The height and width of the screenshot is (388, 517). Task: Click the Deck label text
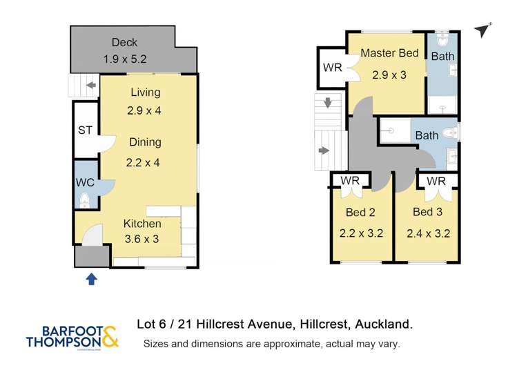(x=124, y=43)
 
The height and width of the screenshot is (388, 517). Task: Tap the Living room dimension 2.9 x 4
(x=144, y=110)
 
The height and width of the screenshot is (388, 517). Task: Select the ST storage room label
(x=85, y=129)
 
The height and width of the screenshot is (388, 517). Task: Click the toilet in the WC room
(x=84, y=201)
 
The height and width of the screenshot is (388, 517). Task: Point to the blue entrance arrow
(x=91, y=279)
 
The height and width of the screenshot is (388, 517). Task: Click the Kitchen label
(x=142, y=224)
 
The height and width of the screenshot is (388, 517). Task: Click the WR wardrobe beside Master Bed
(x=332, y=68)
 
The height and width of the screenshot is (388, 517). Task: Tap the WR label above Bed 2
(x=351, y=181)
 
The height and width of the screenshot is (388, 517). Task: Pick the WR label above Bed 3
(x=435, y=181)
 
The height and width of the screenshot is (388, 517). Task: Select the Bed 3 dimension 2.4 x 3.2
(x=431, y=233)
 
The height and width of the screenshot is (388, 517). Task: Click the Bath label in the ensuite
(x=442, y=56)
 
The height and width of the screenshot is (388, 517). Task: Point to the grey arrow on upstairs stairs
(x=323, y=150)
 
